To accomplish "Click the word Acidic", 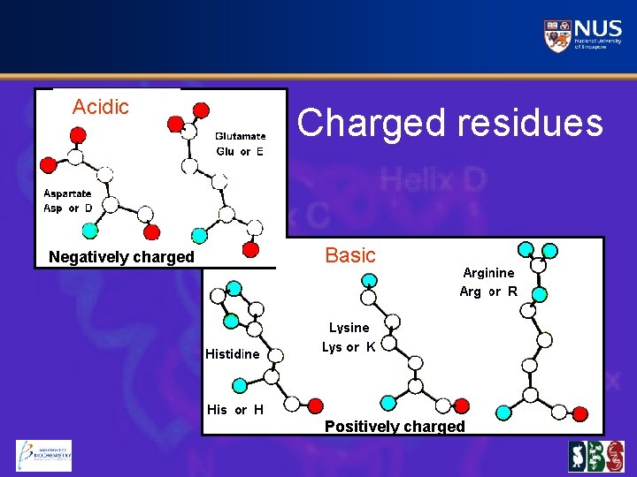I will click(x=101, y=107).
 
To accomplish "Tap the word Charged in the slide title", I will click(x=372, y=123).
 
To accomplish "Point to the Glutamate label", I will click(x=240, y=136).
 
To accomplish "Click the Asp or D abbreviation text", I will click(x=68, y=208).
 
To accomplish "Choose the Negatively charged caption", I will click(x=121, y=257).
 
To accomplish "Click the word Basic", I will click(x=350, y=255).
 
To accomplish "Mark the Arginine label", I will click(x=488, y=273).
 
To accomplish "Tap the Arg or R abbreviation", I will click(x=488, y=291).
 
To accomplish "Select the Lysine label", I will click(x=349, y=328).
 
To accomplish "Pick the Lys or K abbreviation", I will click(x=349, y=347).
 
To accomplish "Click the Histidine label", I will click(x=233, y=354).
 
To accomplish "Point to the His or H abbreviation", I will click(x=234, y=409).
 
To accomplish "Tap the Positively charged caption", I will click(x=395, y=427).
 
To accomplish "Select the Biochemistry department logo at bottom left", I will click(x=43, y=456).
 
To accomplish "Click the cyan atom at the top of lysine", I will click(x=370, y=280).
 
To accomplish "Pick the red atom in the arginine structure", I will click(x=580, y=413).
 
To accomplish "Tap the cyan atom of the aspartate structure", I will click(x=89, y=230).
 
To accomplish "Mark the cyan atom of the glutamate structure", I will click(x=200, y=236).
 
